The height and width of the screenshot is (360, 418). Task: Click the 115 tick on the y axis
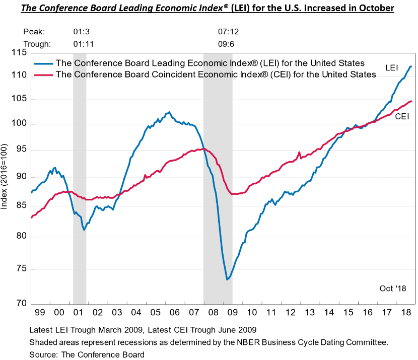coord(19,52)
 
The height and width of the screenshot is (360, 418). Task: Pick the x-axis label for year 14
coord(328,313)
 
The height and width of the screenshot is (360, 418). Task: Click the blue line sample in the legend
coord(43,63)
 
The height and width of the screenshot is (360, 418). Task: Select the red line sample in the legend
coord(43,75)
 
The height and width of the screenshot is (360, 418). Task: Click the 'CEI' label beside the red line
coord(401,116)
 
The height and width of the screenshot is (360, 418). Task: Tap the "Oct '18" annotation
coord(392,288)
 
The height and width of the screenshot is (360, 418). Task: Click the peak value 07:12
coord(228,32)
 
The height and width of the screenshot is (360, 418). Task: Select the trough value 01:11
coord(84,43)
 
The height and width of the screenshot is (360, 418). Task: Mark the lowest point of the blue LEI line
coord(227,279)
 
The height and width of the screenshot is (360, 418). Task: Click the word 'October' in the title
coord(372,9)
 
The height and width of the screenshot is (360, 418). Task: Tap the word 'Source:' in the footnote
coord(44,354)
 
